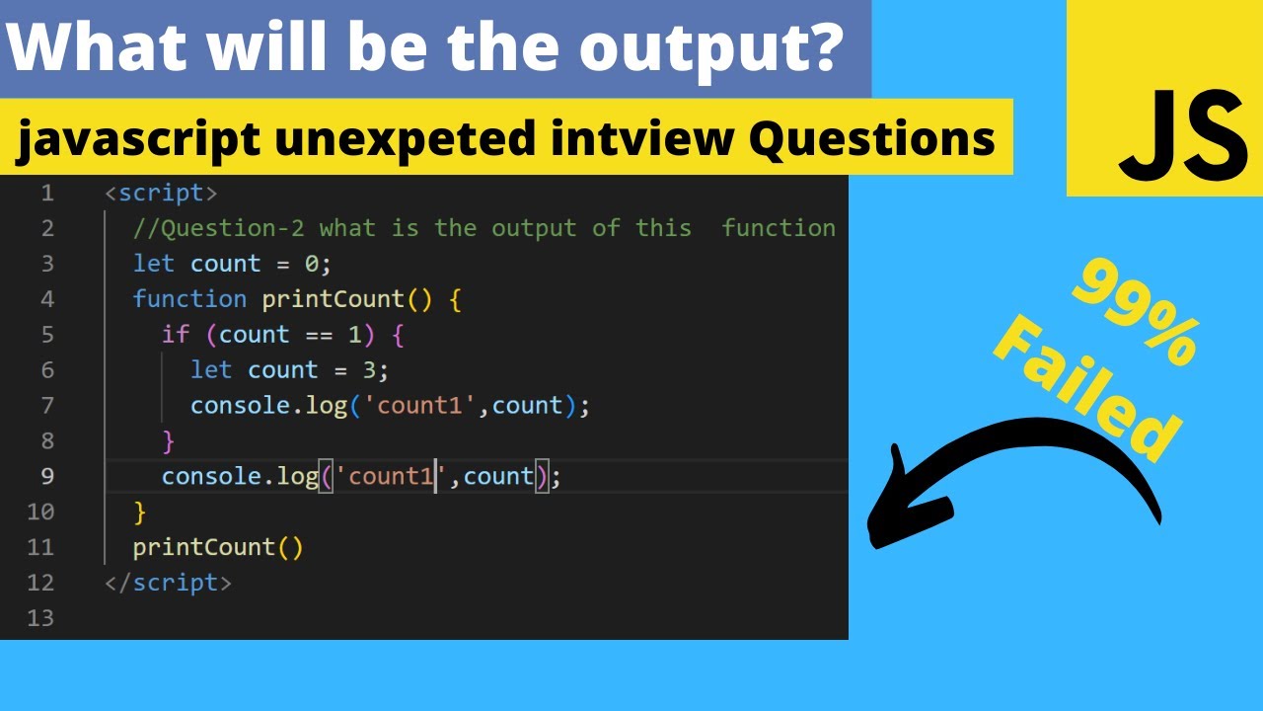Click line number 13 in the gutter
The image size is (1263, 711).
40,618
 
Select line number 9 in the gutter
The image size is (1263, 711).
47,476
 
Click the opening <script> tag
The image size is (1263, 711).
161,193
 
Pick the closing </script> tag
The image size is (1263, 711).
168,583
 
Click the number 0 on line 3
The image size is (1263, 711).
312,264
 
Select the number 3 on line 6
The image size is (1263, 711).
369,370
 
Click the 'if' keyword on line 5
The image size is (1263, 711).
176,335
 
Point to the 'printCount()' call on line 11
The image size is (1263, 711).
218,547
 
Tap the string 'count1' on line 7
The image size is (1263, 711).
420,406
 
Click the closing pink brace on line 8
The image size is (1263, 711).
169,440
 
